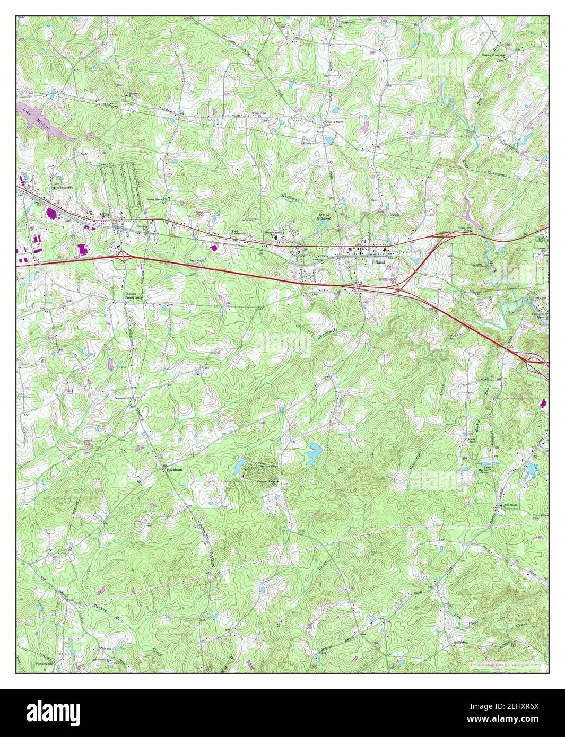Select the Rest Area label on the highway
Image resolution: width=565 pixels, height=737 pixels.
coord(196,260)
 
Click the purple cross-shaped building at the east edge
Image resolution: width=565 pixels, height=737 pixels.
coord(543,404)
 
